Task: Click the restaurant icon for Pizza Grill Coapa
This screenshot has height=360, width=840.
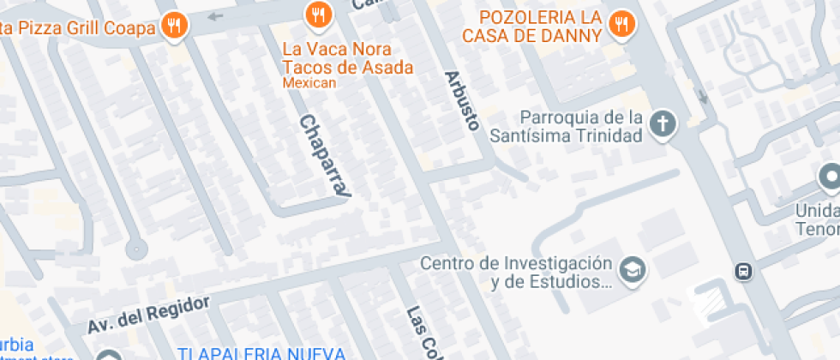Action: pyautogui.click(x=176, y=25)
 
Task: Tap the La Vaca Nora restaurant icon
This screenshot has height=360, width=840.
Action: pyautogui.click(x=318, y=14)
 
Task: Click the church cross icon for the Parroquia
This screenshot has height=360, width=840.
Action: pyautogui.click(x=662, y=125)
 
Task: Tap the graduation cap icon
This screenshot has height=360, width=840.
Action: pyautogui.click(x=633, y=270)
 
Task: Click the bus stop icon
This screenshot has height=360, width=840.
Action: pyautogui.click(x=743, y=271)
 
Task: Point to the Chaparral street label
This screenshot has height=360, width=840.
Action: pyautogui.click(x=325, y=158)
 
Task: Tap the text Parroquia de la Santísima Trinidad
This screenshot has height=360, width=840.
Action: pyautogui.click(x=567, y=126)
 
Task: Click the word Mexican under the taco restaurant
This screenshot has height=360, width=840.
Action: pyautogui.click(x=309, y=84)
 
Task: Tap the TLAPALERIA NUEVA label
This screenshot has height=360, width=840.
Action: pyautogui.click(x=261, y=353)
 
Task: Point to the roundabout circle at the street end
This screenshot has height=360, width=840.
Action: pyautogui.click(x=135, y=249)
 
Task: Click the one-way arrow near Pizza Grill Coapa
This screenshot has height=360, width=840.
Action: pyautogui.click(x=214, y=15)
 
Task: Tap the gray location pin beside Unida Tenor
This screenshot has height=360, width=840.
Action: pyautogui.click(x=829, y=178)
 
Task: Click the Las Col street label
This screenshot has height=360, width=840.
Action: pyautogui.click(x=419, y=332)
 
